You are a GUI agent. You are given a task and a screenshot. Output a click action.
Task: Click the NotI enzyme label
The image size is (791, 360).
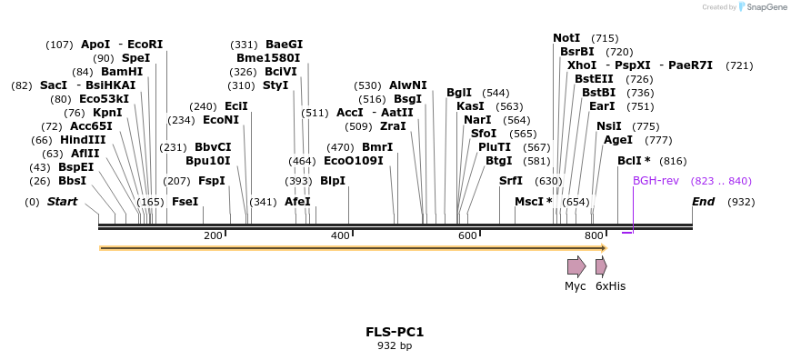[x=566, y=38]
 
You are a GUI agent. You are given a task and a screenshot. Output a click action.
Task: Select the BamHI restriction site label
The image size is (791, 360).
[x=122, y=72]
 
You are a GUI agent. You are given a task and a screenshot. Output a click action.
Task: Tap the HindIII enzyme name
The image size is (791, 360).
[x=83, y=140]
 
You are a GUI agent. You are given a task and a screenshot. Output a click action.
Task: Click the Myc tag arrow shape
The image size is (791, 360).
[x=576, y=266]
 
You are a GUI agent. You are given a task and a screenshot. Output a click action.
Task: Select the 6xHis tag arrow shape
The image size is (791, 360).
[x=601, y=266]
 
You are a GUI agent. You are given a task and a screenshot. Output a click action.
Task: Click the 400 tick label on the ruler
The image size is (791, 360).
[x=340, y=235]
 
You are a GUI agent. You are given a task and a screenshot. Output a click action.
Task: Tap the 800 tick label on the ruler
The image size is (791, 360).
[x=595, y=235]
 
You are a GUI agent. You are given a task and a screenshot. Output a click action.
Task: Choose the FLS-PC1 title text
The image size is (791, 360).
[x=395, y=332]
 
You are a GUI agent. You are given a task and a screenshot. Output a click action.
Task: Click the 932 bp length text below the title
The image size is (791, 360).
[x=395, y=345]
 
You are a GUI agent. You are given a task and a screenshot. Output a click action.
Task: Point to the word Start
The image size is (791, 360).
[x=63, y=202]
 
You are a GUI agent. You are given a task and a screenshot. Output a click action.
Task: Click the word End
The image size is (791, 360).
[x=703, y=202]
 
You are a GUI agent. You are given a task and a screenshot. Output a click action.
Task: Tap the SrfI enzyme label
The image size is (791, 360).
[x=511, y=181]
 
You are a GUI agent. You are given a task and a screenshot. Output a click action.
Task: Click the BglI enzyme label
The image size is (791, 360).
[x=459, y=93]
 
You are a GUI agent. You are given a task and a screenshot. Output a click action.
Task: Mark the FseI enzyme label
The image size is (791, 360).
[x=185, y=202]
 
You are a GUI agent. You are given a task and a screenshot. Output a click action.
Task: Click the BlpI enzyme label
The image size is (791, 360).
[x=333, y=181]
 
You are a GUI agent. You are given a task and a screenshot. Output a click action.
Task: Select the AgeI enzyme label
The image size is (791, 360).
[x=618, y=140]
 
